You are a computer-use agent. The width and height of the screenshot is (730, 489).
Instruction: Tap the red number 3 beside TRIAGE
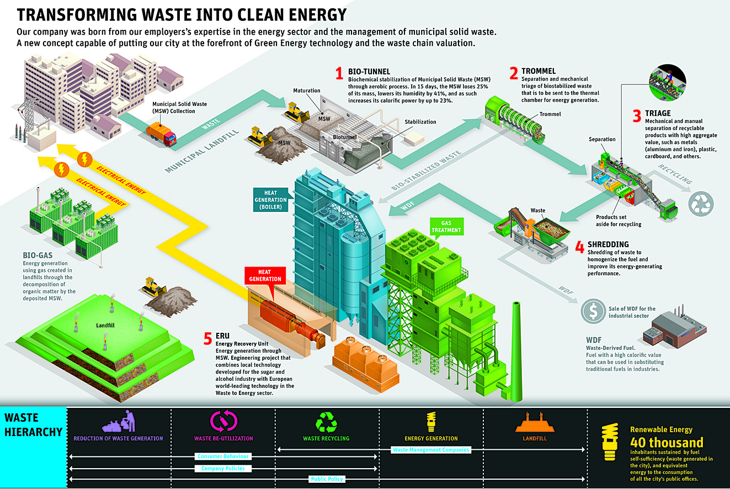pyautogui.click(x=637, y=116)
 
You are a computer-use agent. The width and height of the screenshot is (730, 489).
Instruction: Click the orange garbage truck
pyautogui.click(x=161, y=133)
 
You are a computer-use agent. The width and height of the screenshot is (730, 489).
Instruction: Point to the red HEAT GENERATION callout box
pyautogui.click(x=265, y=275)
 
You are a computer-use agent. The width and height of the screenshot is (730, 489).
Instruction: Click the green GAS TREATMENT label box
pyautogui.click(x=446, y=226)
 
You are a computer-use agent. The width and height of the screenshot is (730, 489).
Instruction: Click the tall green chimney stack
pyautogui.click(x=516, y=353)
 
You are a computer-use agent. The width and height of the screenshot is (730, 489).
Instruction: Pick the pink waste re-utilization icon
pyautogui.click(x=223, y=422)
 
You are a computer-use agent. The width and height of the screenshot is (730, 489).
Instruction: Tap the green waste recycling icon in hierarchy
pyautogui.click(x=326, y=422)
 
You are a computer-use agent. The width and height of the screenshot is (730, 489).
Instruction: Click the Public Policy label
pyautogui.click(x=327, y=479)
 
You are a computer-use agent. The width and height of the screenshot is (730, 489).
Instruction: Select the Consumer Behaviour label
pyautogui.click(x=223, y=456)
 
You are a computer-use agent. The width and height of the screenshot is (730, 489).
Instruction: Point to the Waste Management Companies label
pyautogui.click(x=431, y=450)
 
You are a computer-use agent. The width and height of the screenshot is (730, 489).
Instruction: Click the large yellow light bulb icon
pyautogui.click(x=611, y=442)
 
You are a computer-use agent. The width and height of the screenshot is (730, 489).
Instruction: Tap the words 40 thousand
pyautogui.click(x=667, y=443)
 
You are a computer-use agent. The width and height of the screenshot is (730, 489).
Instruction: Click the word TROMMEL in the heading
pyautogui.click(x=539, y=71)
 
